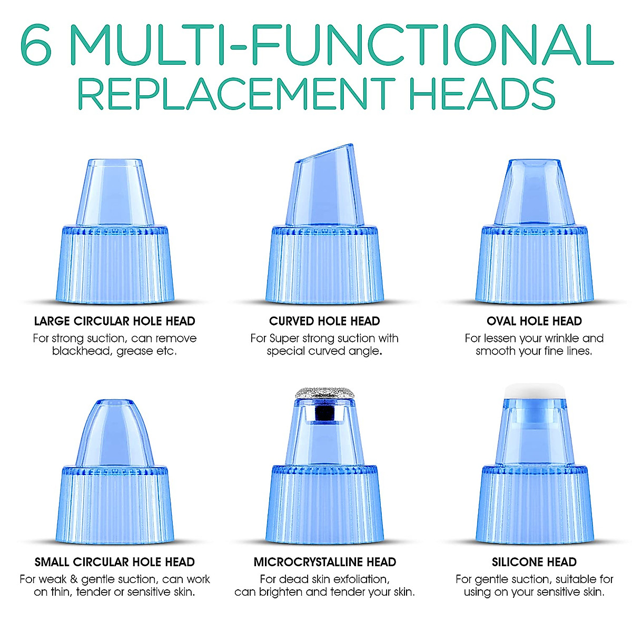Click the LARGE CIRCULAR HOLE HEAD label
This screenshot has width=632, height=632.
tap(114, 321)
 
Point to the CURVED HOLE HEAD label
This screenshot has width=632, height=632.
tap(324, 321)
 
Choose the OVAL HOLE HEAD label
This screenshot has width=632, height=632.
tap(534, 321)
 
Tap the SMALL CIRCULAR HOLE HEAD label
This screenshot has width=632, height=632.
tap(114, 562)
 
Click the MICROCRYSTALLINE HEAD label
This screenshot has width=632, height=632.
tap(324, 562)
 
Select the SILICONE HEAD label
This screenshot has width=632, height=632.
tap(534, 562)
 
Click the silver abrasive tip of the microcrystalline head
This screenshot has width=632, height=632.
tap(324, 393)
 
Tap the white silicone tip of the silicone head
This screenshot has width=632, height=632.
tap(534, 391)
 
